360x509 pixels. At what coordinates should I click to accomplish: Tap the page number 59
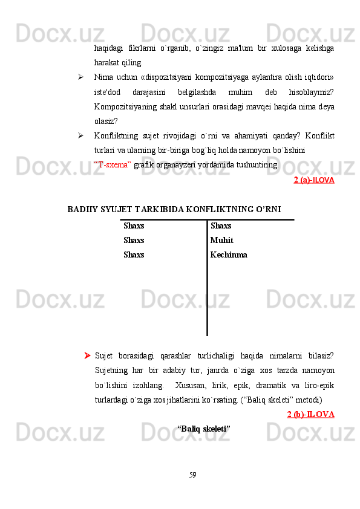(x=192, y=475)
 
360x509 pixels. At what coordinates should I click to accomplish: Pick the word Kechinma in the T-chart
(x=229, y=254)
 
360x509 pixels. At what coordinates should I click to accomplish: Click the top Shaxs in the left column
(x=134, y=226)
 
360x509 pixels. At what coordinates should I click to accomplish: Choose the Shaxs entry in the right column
(x=221, y=226)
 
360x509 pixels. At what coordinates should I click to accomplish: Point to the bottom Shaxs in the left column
(x=134, y=254)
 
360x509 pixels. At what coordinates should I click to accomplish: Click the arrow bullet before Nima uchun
(x=80, y=78)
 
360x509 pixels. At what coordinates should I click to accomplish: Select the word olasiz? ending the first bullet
(x=106, y=121)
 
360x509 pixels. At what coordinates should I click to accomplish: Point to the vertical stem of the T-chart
(x=207, y=290)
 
